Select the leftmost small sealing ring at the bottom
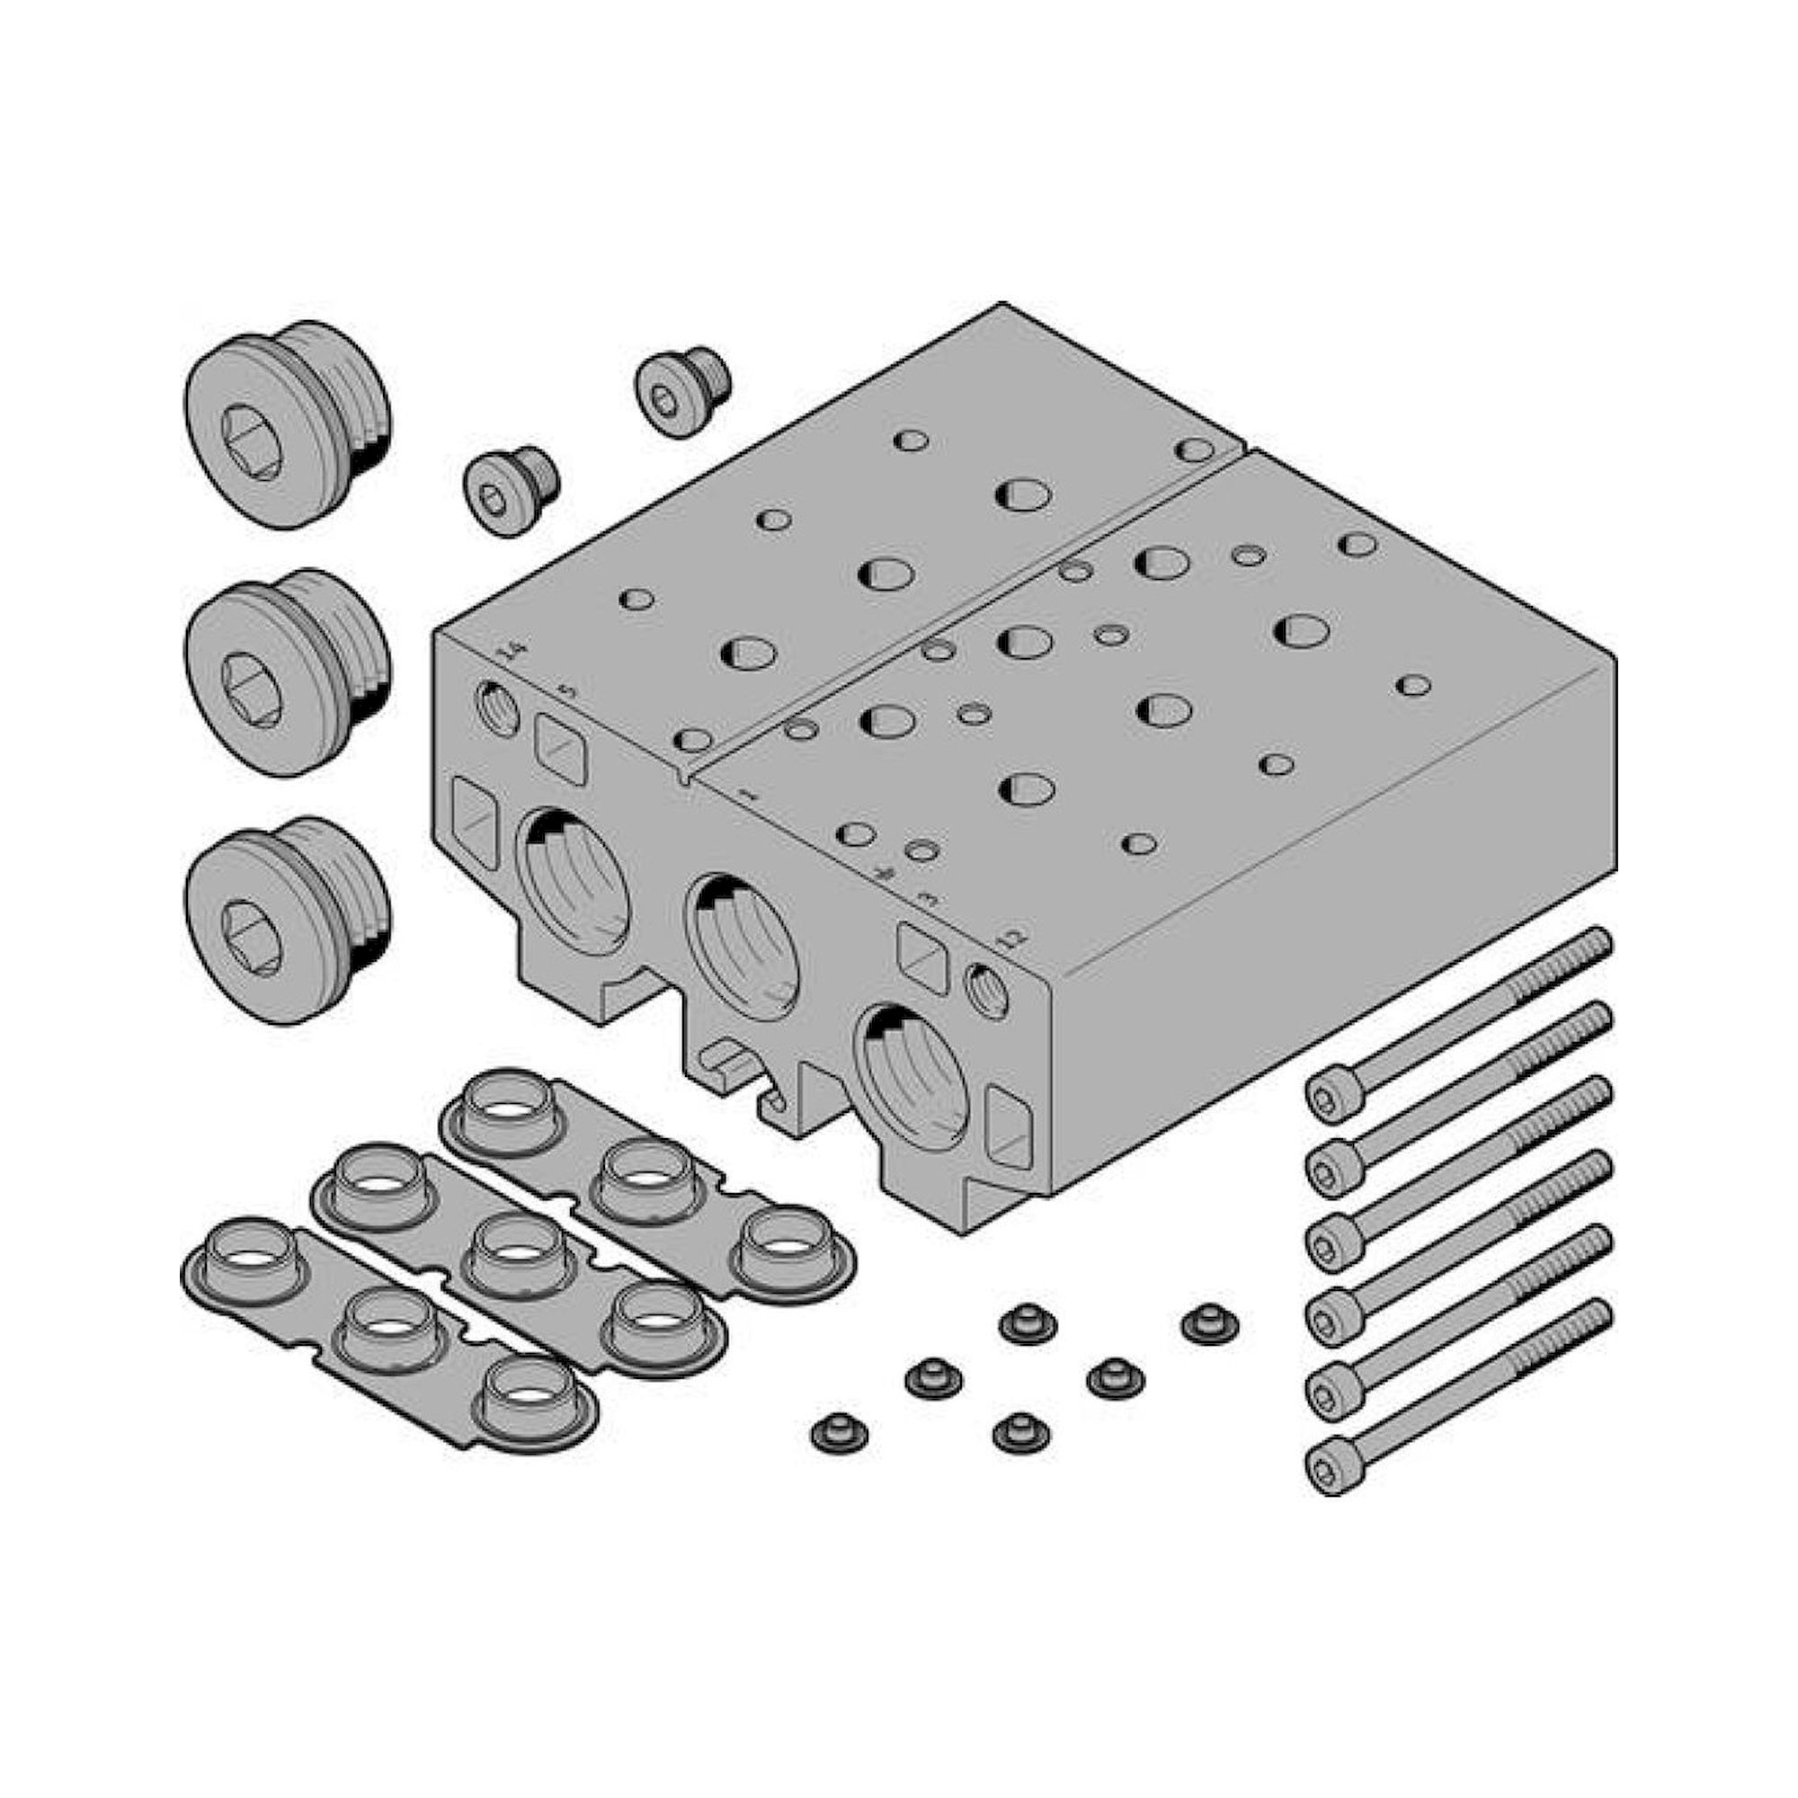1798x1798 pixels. pos(839,1457)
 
